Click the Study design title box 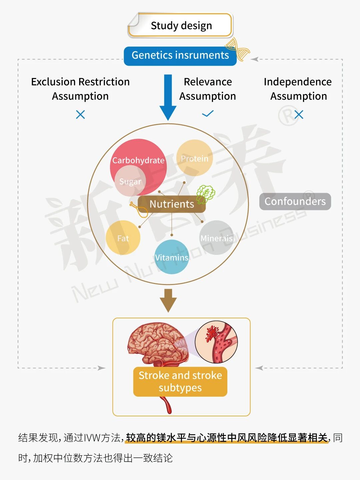[180, 25]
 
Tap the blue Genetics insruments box [180, 55]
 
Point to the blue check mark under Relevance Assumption [208, 114]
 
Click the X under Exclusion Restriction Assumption [80, 115]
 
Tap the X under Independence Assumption [299, 115]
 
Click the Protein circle [195, 158]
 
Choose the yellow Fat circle [123, 238]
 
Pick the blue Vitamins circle [172, 257]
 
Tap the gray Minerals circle [217, 238]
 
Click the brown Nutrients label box [171, 204]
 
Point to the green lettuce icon [205, 194]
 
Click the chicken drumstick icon [138, 209]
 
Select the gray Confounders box [295, 201]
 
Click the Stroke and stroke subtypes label [180, 382]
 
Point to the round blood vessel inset [216, 342]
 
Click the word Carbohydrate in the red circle [138, 160]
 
